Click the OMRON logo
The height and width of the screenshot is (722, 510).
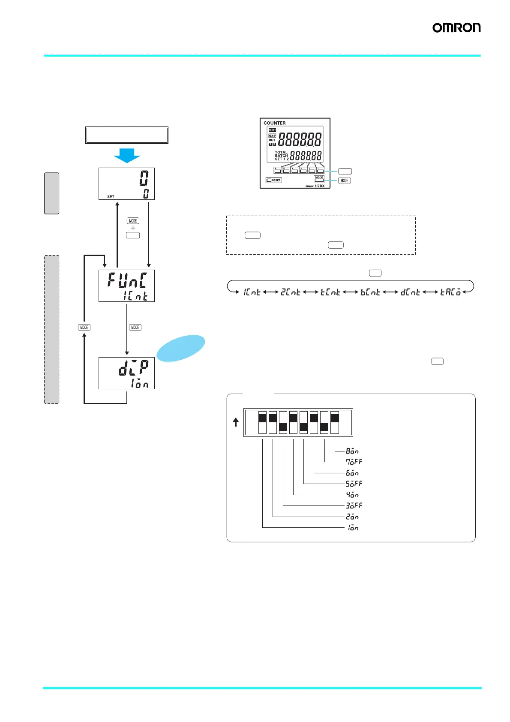[x=456, y=28]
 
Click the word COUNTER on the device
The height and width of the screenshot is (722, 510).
[x=274, y=123]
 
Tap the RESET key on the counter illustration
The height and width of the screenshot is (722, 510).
[x=274, y=180]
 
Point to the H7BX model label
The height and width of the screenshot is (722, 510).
[x=319, y=186]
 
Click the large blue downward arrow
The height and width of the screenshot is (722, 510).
[x=127, y=155]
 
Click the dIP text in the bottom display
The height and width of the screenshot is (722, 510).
[x=133, y=367]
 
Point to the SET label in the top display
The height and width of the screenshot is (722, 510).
[x=111, y=197]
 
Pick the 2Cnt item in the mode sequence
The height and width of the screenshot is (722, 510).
[x=291, y=292]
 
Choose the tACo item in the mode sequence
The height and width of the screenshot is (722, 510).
[x=450, y=292]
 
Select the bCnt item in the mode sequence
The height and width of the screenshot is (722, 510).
[x=370, y=292]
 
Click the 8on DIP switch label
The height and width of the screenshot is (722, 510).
[x=352, y=451]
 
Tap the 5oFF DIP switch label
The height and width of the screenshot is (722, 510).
[x=354, y=484]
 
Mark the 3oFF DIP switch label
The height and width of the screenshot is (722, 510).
[x=354, y=505]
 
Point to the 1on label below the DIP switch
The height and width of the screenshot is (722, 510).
[x=353, y=528]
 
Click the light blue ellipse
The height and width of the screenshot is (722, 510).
[x=181, y=348]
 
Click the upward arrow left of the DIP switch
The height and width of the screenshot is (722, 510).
[x=236, y=422]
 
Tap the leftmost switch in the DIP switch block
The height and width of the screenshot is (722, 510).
[x=262, y=423]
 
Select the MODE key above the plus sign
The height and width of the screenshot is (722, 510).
[x=133, y=221]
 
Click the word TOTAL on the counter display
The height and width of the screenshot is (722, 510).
[x=281, y=152]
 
